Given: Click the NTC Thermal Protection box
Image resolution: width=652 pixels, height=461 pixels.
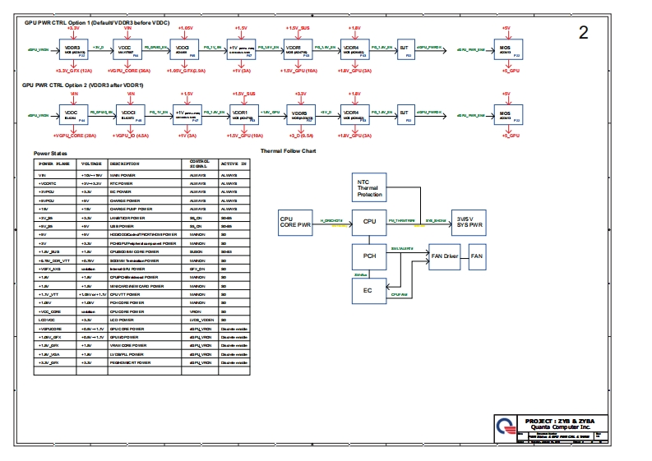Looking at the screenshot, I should [x=369, y=187].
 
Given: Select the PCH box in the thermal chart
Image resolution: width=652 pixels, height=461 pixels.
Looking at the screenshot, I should [x=369, y=256].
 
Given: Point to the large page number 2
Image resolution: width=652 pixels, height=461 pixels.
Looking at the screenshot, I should [x=584, y=34].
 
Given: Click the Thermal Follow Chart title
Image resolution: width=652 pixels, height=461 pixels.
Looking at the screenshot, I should [x=288, y=151].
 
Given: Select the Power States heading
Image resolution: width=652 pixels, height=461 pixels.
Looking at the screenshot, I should [x=49, y=154].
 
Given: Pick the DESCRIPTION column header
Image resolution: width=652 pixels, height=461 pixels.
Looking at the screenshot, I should [x=125, y=164].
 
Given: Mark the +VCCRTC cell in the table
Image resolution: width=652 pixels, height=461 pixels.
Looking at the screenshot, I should [x=49, y=183].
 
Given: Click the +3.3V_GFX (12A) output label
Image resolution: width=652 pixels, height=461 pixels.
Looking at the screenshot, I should [x=72, y=71].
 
